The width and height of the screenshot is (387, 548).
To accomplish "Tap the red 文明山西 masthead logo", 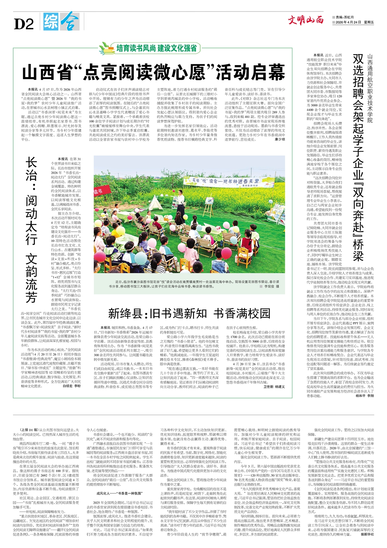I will pos(305,20).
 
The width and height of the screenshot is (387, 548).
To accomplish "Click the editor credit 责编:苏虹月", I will pos(344,17).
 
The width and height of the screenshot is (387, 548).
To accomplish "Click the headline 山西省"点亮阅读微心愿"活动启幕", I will pos(153,72).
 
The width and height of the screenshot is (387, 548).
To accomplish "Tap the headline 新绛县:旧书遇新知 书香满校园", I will pos(189,313).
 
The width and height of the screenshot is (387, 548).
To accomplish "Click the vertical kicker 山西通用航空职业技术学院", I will pos(370,89).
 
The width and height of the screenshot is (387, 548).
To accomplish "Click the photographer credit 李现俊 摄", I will pos(271,286).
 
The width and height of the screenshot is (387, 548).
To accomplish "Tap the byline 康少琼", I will pos(279,139).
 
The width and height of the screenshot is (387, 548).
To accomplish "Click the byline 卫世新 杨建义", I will pos(274,387).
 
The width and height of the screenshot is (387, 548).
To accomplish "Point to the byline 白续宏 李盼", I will pos(72,387).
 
